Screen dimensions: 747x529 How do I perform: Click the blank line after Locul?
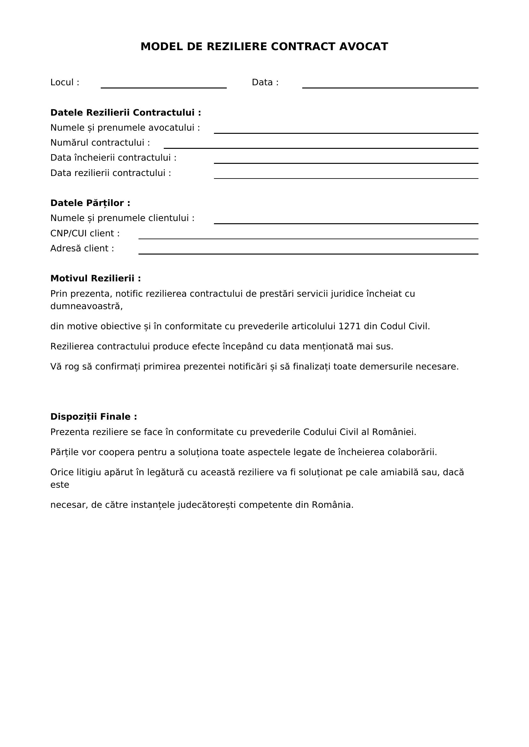tap(163, 85)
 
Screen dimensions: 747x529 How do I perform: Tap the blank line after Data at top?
tap(390, 85)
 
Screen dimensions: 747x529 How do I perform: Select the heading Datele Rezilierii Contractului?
tap(125, 112)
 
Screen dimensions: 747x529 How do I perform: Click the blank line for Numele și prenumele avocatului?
tap(346, 131)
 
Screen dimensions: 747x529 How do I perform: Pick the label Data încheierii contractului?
tap(113, 158)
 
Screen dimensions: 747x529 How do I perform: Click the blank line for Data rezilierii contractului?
tap(346, 176)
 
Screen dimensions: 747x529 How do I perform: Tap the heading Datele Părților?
tap(90, 203)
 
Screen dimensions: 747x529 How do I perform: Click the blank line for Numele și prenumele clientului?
tap(346, 221)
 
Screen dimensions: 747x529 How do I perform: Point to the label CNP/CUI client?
tap(85, 233)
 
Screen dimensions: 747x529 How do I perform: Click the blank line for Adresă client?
tap(308, 251)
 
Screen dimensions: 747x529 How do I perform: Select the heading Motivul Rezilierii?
tap(95, 278)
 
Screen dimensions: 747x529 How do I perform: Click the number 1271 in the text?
tap(350, 326)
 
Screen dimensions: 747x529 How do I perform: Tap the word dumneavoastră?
tap(86, 307)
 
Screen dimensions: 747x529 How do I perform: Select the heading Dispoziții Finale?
tap(93, 417)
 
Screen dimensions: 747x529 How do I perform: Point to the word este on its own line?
tap(59, 485)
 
